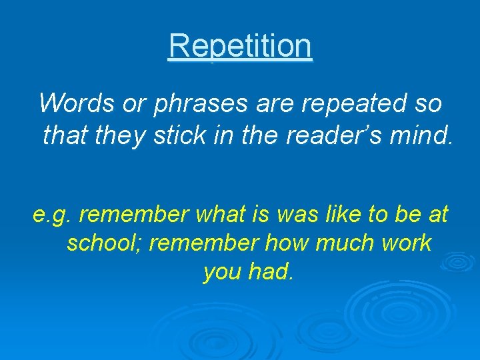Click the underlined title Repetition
point(240,46)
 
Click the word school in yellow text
point(103,243)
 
